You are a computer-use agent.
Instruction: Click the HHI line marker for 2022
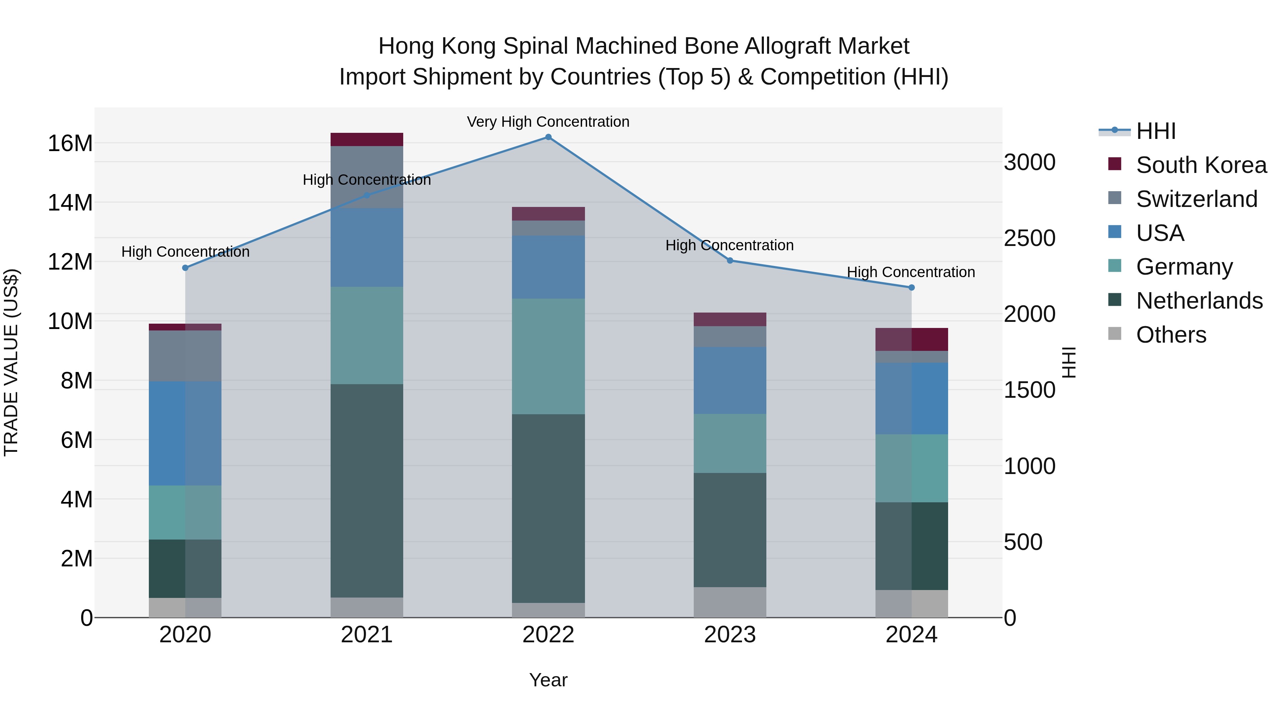(548, 137)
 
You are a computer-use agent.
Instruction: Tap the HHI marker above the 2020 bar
(185, 268)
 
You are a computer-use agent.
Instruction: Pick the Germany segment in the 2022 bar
(548, 356)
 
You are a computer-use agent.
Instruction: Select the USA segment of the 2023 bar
(730, 380)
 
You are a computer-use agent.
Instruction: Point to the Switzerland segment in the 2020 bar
(185, 356)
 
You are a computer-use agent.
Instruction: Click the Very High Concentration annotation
(548, 122)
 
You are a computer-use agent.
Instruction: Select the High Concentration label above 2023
(729, 245)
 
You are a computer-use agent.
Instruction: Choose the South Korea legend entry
(1201, 165)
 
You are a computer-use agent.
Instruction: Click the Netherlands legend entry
(1199, 301)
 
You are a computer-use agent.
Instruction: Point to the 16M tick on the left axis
(70, 144)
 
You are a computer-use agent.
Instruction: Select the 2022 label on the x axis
(548, 635)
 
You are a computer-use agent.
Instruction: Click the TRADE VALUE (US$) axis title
(11, 362)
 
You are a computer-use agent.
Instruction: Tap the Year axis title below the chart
(548, 680)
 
